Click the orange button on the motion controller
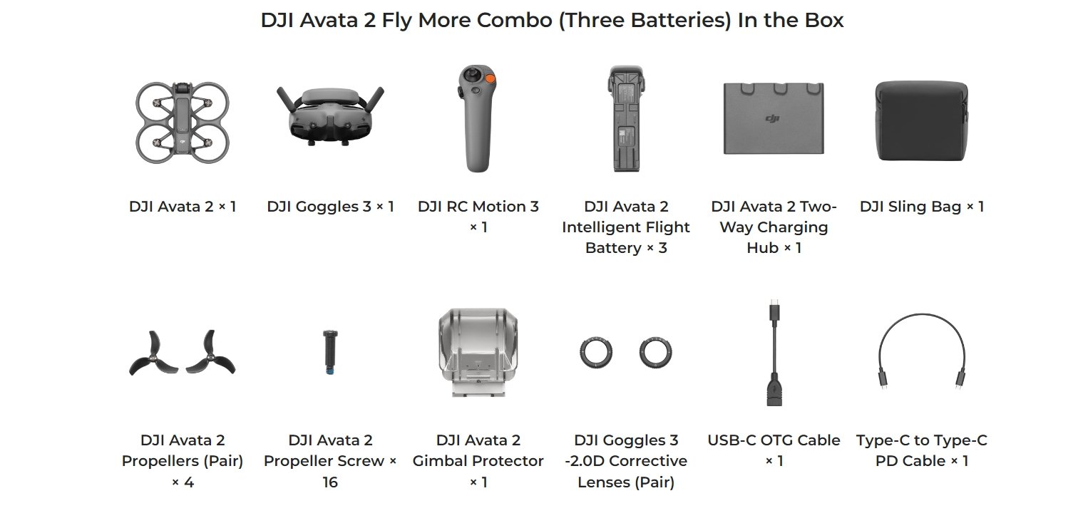click(490, 78)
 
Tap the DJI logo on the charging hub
click(773, 118)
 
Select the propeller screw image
click(330, 353)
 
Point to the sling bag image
click(922, 121)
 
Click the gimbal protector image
click(478, 352)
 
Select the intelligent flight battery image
click(626, 118)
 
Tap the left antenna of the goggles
click(287, 99)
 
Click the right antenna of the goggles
click(374, 99)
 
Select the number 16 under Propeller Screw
click(330, 482)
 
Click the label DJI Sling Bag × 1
click(922, 207)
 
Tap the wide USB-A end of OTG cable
click(774, 390)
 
